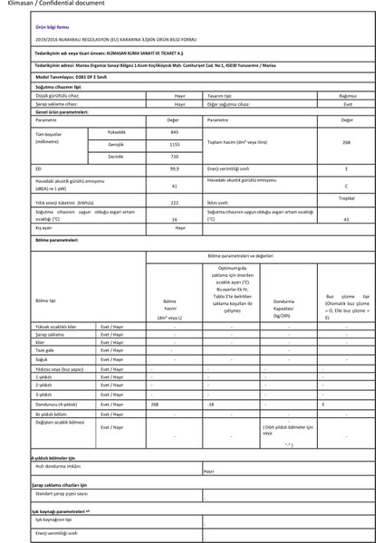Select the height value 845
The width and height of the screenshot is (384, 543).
174,133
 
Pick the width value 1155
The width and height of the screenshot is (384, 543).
174,144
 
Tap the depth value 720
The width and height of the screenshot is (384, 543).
174,157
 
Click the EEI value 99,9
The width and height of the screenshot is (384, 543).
174,169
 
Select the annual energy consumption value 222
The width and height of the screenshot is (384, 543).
174,203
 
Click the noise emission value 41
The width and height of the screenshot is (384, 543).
174,186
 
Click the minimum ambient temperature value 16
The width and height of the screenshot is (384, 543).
174,219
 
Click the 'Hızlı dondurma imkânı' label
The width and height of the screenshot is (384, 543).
59,466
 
